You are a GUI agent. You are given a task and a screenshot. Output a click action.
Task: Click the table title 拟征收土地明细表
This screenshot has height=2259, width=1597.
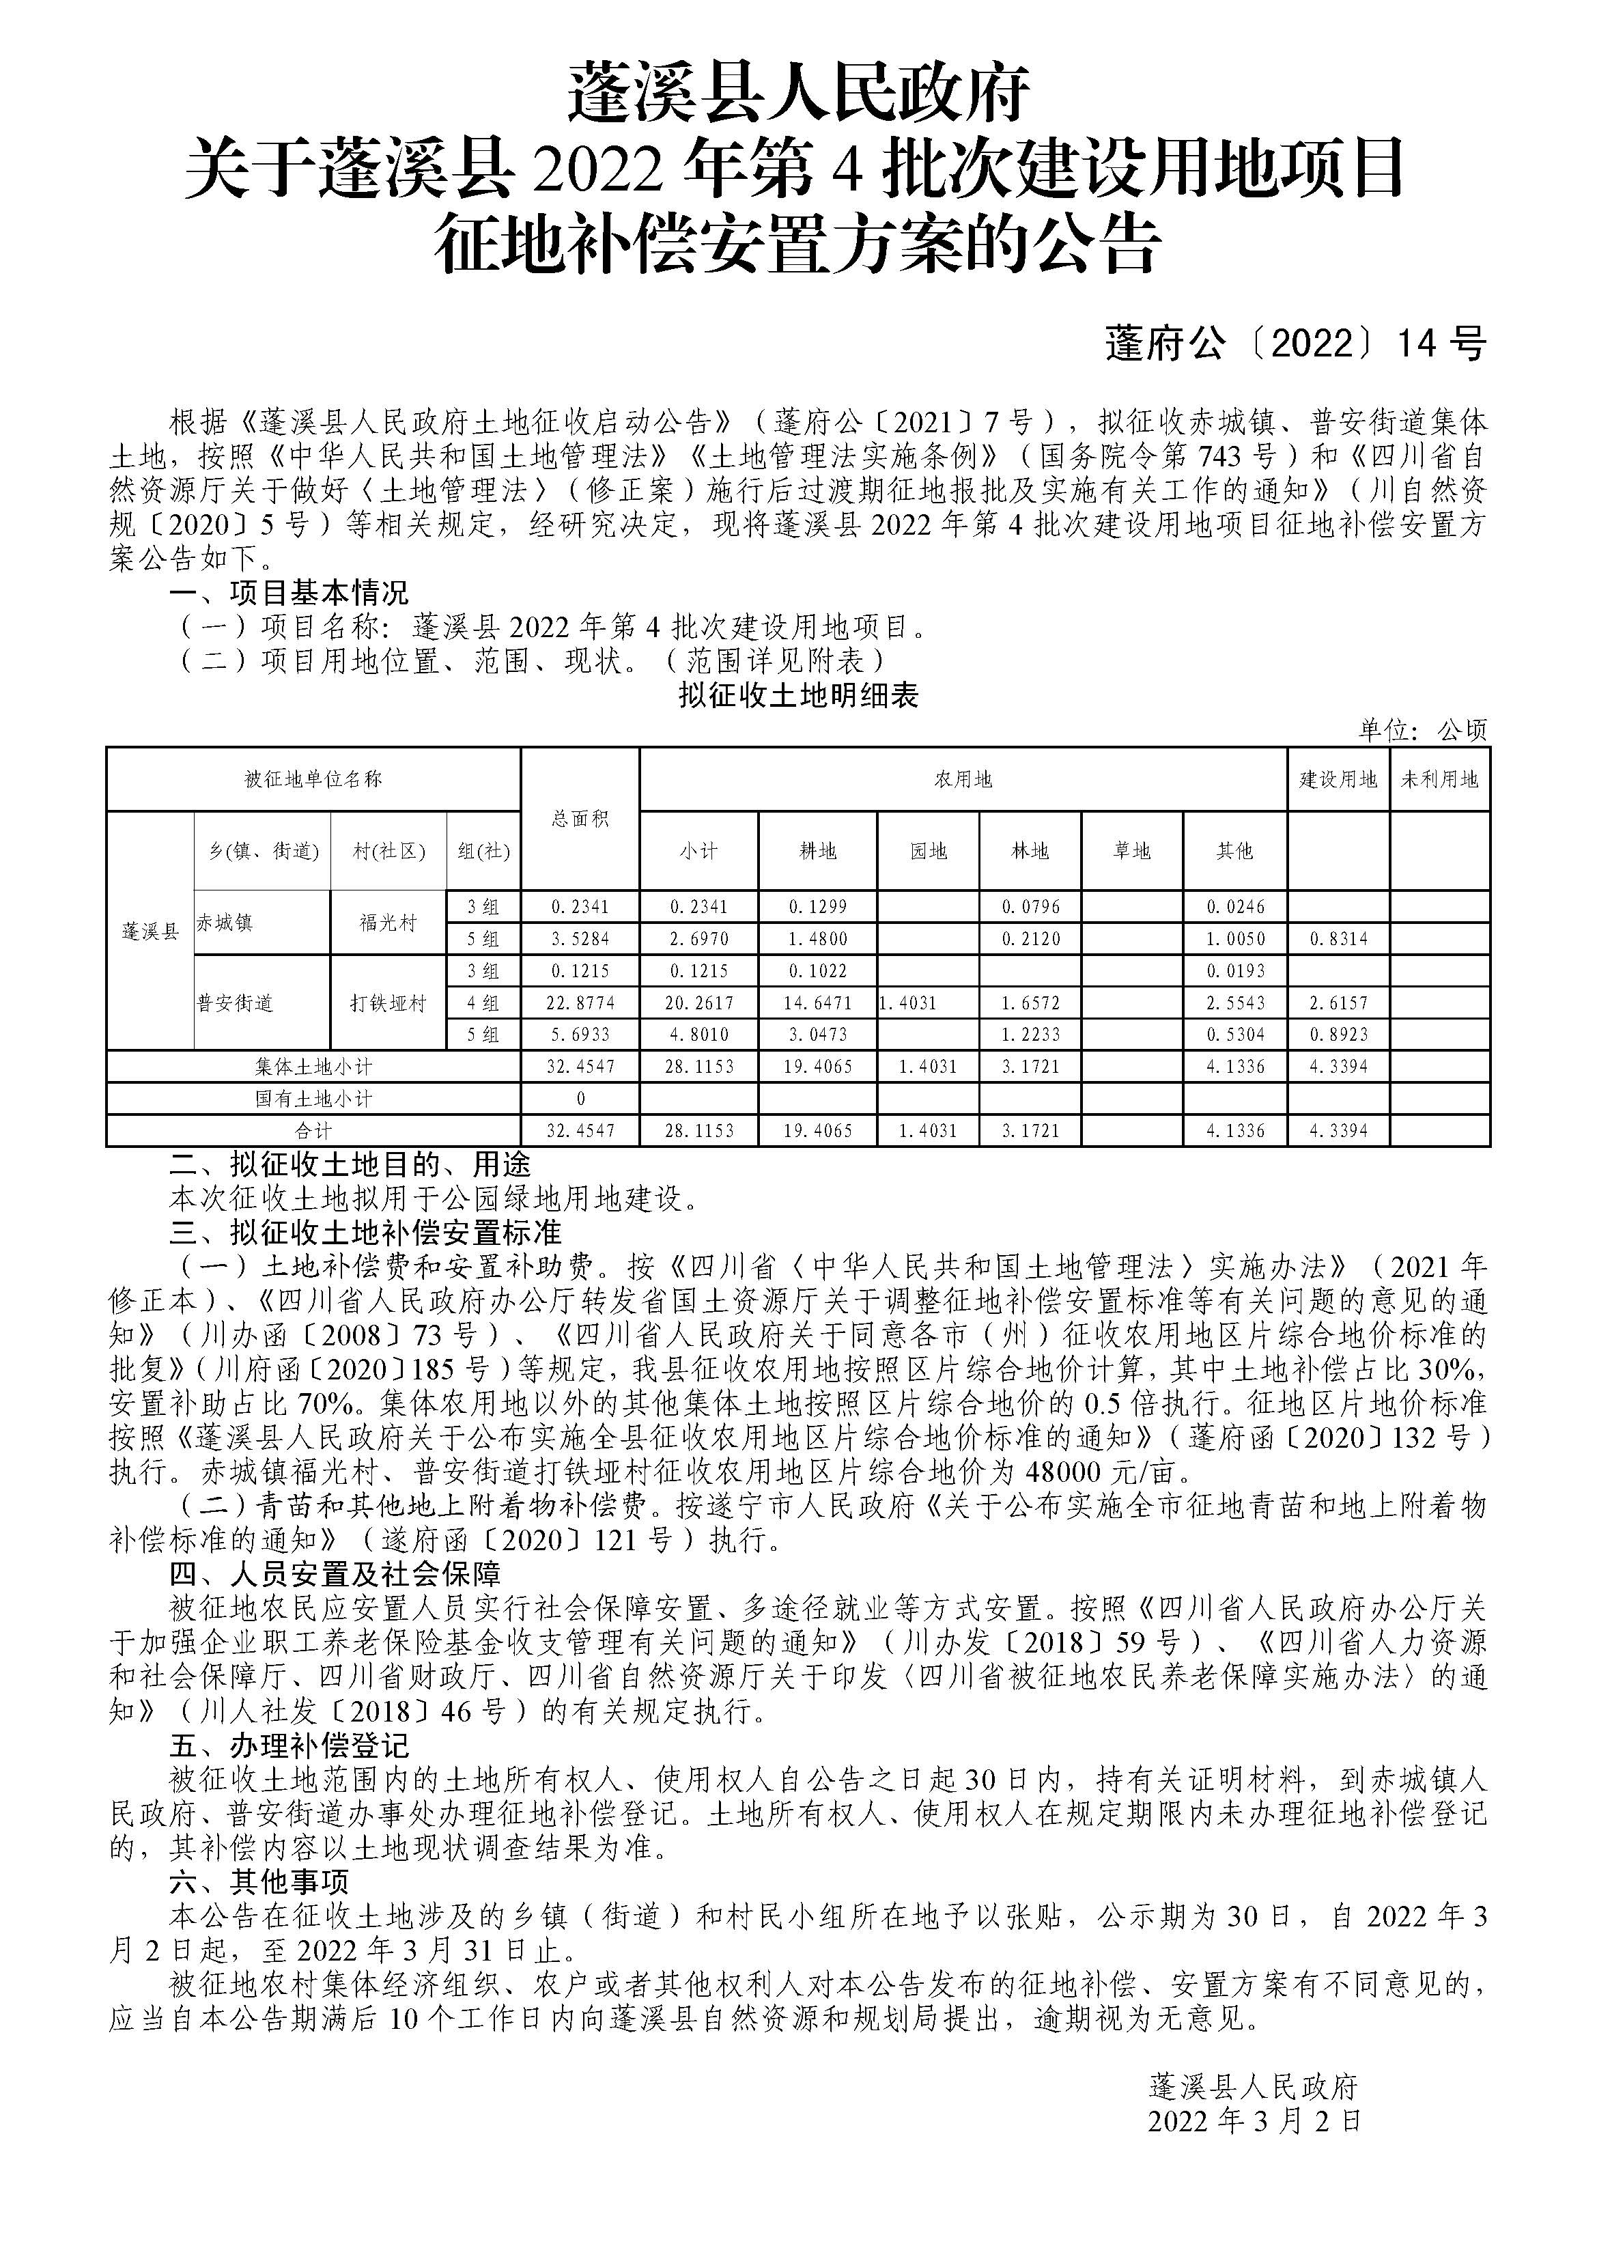798,696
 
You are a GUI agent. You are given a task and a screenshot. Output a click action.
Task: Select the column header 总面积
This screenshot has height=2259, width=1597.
580,819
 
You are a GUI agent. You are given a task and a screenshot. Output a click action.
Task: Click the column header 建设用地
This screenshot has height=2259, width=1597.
1338,779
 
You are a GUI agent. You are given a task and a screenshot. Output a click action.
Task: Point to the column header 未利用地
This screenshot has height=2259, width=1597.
1439,779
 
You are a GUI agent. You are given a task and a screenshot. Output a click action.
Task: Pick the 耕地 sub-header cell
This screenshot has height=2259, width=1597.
818,851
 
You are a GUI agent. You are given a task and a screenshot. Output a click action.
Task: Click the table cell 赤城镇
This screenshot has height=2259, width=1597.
225,923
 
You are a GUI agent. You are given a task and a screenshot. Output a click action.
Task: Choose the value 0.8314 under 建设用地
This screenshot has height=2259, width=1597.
1338,938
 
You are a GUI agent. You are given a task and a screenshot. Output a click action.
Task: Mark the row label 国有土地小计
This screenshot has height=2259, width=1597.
313,1099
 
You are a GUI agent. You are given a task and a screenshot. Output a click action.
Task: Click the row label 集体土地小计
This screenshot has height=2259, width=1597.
313,1067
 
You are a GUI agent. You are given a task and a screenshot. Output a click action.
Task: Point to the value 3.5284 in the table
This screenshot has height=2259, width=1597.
580,938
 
